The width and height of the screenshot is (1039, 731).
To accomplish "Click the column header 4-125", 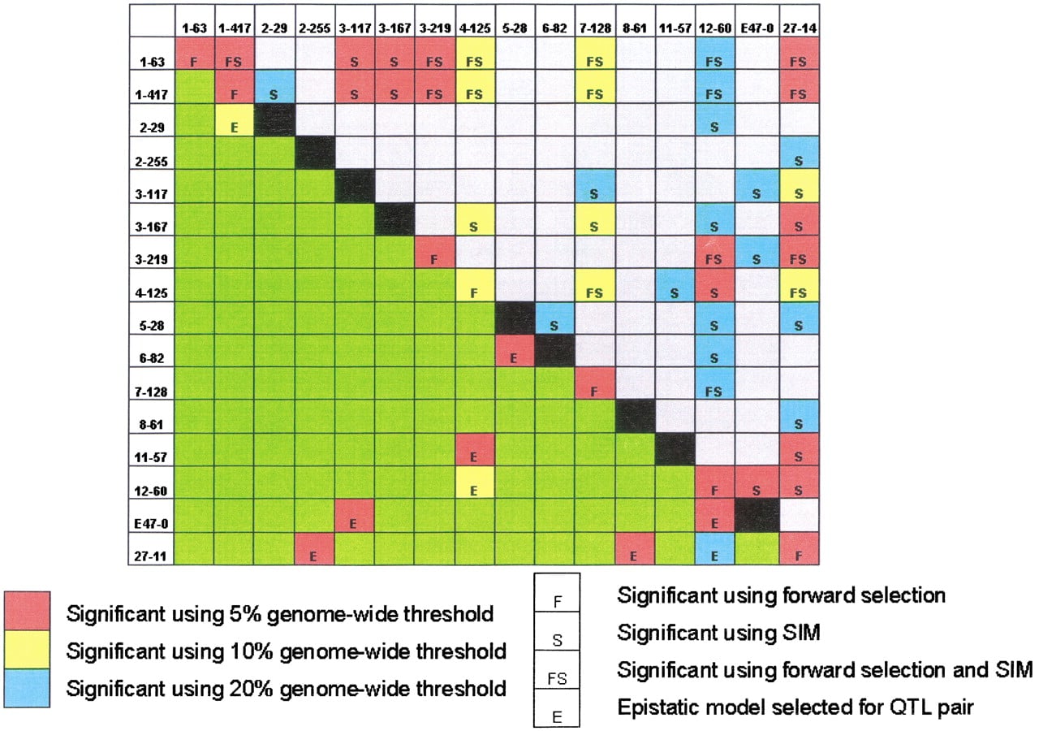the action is [x=475, y=28].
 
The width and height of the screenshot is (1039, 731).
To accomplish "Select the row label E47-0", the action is [x=151, y=524].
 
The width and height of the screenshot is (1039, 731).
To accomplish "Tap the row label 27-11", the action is [x=151, y=556].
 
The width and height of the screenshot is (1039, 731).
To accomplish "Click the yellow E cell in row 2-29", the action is [x=235, y=119].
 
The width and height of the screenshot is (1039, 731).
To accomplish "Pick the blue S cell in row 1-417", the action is [x=274, y=87].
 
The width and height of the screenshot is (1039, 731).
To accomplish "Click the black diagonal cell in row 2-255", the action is [x=315, y=153].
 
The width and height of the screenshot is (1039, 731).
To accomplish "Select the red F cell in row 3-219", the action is [x=435, y=252].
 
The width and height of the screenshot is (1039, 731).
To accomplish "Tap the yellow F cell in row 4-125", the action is [x=475, y=285].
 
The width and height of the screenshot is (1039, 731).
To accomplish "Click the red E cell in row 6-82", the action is [x=515, y=351].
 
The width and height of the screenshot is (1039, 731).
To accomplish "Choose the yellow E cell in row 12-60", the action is [x=475, y=482].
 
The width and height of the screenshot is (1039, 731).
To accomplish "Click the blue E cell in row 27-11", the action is [x=715, y=548].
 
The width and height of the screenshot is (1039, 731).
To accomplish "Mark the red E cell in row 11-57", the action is [x=475, y=450].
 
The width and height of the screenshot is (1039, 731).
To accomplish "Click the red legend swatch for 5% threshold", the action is [x=27, y=611].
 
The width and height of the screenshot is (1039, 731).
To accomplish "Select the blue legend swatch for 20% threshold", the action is [x=27, y=688].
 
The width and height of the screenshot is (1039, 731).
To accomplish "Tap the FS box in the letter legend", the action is [x=557, y=669].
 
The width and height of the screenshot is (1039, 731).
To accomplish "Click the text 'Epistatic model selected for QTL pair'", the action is [x=795, y=707].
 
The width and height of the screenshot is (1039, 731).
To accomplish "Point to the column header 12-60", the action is [x=715, y=28].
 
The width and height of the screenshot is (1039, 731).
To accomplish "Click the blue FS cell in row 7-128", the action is [x=715, y=384].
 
